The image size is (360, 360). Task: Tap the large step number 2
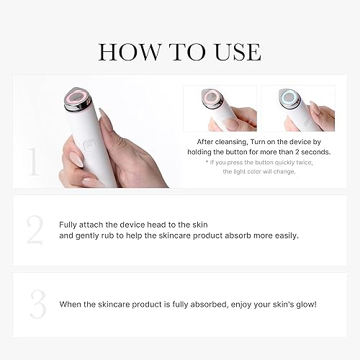tap(35, 230)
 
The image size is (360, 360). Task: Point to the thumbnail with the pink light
tap(219, 109)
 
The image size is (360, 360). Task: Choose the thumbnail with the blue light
tap(297, 109)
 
